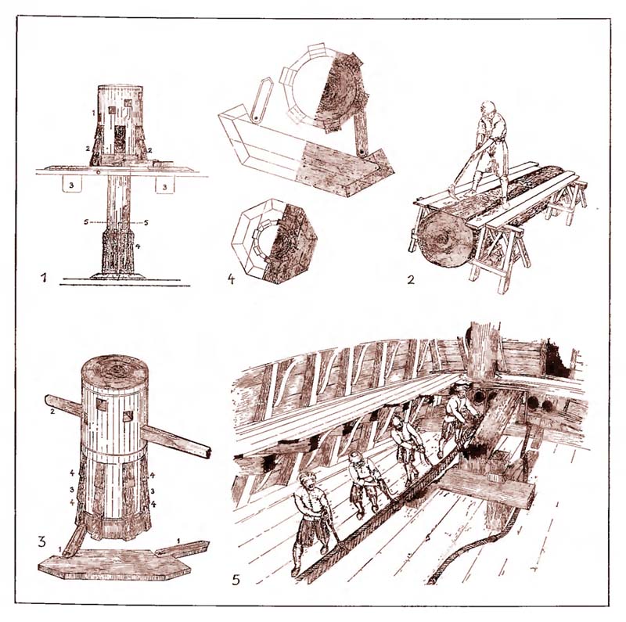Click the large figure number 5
tap(236, 579)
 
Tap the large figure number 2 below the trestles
tap(411, 279)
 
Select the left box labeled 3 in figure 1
tap(72, 185)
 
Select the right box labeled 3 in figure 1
tap(164, 185)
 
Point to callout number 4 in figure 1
tap(138, 246)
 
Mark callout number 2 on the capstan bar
tap(52, 411)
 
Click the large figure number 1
tap(45, 277)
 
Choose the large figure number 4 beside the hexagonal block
tap(231, 279)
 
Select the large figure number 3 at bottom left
tap(42, 541)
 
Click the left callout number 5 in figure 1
tap(86, 222)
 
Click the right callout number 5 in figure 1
tap(146, 222)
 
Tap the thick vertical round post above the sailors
tap(483, 351)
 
